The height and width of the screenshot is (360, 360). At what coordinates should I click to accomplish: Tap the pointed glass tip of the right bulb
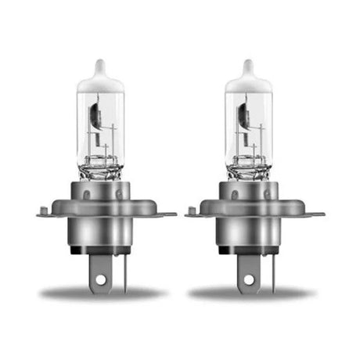pyautogui.click(x=248, y=67)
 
